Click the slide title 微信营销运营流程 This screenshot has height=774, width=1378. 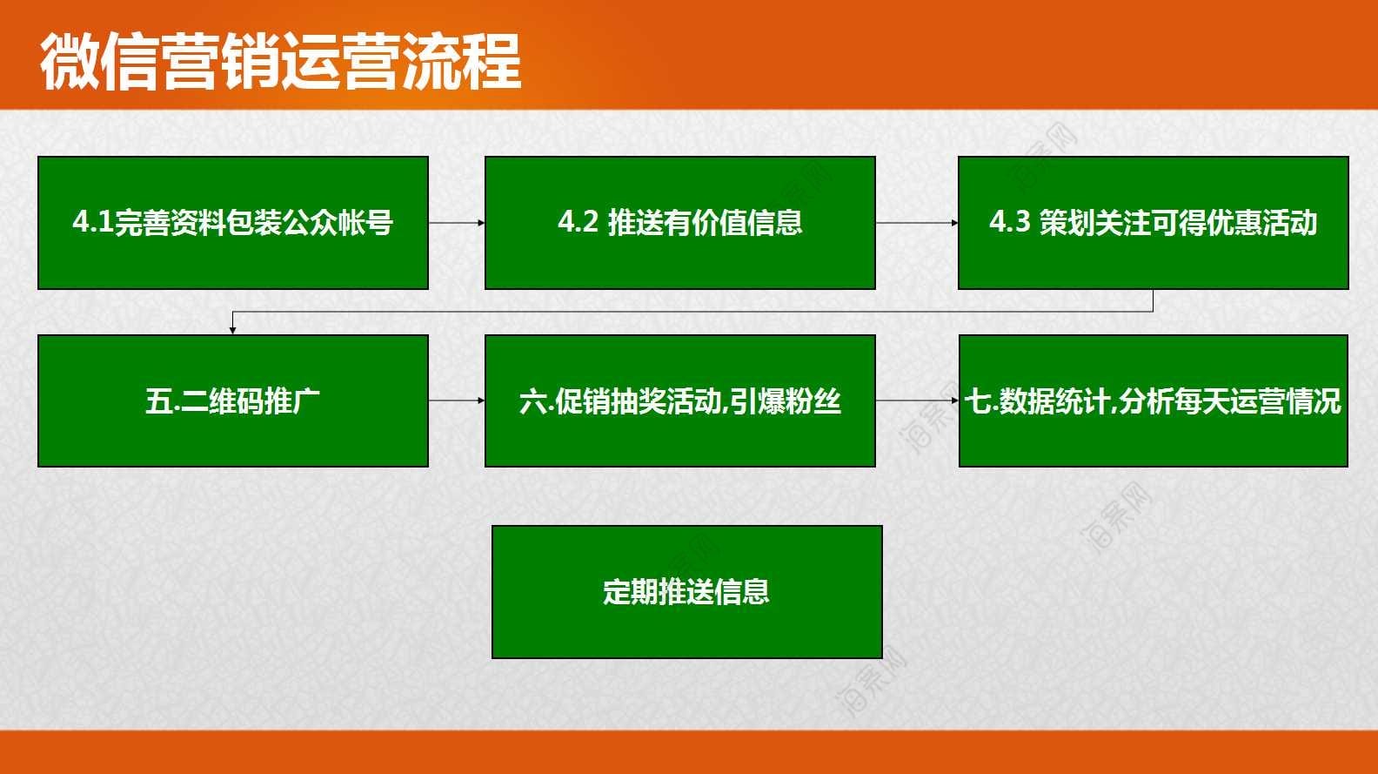[x=280, y=62]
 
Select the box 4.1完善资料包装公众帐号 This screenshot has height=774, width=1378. [x=233, y=223]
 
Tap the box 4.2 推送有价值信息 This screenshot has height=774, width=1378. [x=679, y=223]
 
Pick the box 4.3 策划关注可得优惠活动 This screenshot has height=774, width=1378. [x=1154, y=223]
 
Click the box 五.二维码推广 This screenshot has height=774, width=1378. [x=233, y=400]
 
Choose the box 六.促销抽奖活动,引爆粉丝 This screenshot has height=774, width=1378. [x=679, y=400]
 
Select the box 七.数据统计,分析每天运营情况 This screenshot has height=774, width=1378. [x=1154, y=400]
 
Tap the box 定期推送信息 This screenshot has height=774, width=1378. [x=686, y=592]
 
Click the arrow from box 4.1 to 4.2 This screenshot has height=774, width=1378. [x=457, y=223]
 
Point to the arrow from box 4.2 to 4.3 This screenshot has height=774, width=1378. [x=917, y=223]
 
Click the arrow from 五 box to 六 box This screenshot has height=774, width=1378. [x=457, y=400]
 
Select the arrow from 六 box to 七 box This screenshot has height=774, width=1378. [x=917, y=400]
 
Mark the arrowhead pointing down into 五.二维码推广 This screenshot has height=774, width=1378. [x=232, y=331]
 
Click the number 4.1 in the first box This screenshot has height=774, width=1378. [x=93, y=222]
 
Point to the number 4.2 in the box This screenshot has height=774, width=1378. [x=579, y=222]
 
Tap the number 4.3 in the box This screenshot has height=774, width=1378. [x=1009, y=222]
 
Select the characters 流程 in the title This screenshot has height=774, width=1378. [x=462, y=62]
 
